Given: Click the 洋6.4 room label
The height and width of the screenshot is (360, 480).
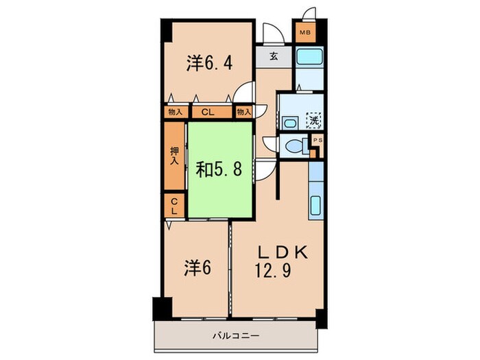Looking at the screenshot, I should pyautogui.click(x=209, y=64).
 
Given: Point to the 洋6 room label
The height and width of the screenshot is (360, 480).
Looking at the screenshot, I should pyautogui.click(x=195, y=265).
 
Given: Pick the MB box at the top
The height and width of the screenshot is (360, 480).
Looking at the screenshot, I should pyautogui.click(x=303, y=32).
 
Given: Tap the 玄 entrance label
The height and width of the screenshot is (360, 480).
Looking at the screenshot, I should pyautogui.click(x=273, y=56).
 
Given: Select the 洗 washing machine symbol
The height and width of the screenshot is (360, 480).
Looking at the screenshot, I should pyautogui.click(x=313, y=121).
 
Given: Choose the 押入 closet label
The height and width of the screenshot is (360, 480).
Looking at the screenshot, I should pyautogui.click(x=174, y=156).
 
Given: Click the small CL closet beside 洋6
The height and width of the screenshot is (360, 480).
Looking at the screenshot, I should pyautogui.click(x=174, y=206).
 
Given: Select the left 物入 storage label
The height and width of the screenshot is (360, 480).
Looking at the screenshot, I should pyautogui.click(x=176, y=111).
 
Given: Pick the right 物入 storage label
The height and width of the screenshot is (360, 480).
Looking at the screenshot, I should pyautogui.click(x=243, y=111).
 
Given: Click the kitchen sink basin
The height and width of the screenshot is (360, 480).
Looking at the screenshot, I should pyautogui.click(x=316, y=206).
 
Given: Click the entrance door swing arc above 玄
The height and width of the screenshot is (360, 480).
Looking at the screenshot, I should pyautogui.click(x=269, y=33).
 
